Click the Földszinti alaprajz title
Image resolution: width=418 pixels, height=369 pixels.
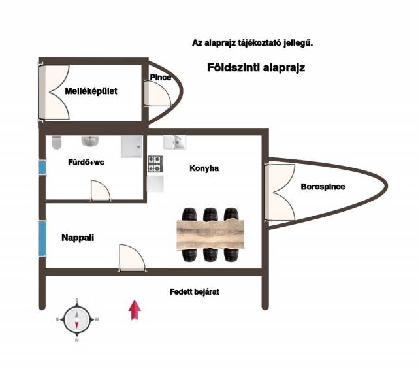point(256,67)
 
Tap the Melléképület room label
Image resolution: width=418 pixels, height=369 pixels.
point(91,91)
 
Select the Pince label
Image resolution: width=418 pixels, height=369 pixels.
point(161,78)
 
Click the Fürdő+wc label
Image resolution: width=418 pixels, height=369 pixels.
point(86,163)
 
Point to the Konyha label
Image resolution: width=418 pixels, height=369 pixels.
point(204,168)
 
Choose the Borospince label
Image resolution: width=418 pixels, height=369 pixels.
point(323,187)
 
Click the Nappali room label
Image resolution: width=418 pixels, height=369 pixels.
point(78,238)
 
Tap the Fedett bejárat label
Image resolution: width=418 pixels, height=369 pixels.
point(194,292)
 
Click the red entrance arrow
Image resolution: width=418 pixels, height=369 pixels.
point(135,310)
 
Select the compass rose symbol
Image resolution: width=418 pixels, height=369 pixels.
point(77,319)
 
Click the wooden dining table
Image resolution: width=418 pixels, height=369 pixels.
point(210,233)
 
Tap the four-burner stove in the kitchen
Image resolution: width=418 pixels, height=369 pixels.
point(155,164)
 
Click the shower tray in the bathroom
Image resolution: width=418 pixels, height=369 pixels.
point(132,146)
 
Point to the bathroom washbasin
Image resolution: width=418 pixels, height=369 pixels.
point(89,140)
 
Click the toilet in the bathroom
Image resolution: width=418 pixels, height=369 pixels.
point(56,142)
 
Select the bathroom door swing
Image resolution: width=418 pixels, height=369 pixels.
point(101,190)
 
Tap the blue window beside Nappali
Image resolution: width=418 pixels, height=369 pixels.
point(42,238)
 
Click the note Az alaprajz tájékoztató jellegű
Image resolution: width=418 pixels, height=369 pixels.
point(253,44)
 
